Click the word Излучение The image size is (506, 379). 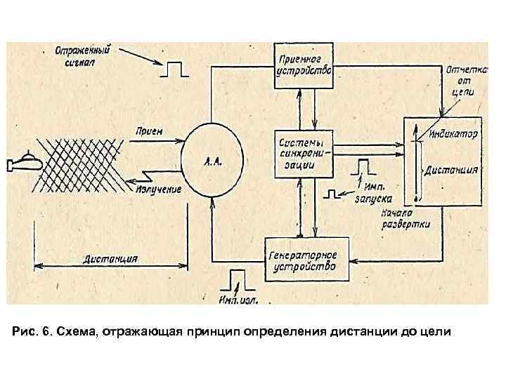pyautogui.click(x=158, y=190)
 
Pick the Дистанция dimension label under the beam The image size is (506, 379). pyautogui.click(x=112, y=258)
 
